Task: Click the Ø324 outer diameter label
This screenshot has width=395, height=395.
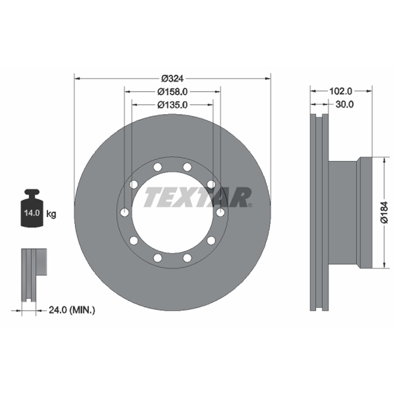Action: tap(172, 79)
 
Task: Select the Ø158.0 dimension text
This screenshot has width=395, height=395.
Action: tap(172, 92)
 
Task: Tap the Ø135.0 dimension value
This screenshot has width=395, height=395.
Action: tap(172, 105)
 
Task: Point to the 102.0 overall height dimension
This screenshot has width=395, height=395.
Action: tap(341, 91)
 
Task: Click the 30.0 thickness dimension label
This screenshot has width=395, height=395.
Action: tap(345, 104)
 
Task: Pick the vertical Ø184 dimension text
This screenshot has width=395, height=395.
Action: tap(385, 212)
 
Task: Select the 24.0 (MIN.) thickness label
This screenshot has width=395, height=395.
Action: tap(72, 310)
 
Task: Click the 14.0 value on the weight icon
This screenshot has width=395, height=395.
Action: tap(32, 213)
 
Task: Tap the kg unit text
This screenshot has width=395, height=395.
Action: tap(51, 214)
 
